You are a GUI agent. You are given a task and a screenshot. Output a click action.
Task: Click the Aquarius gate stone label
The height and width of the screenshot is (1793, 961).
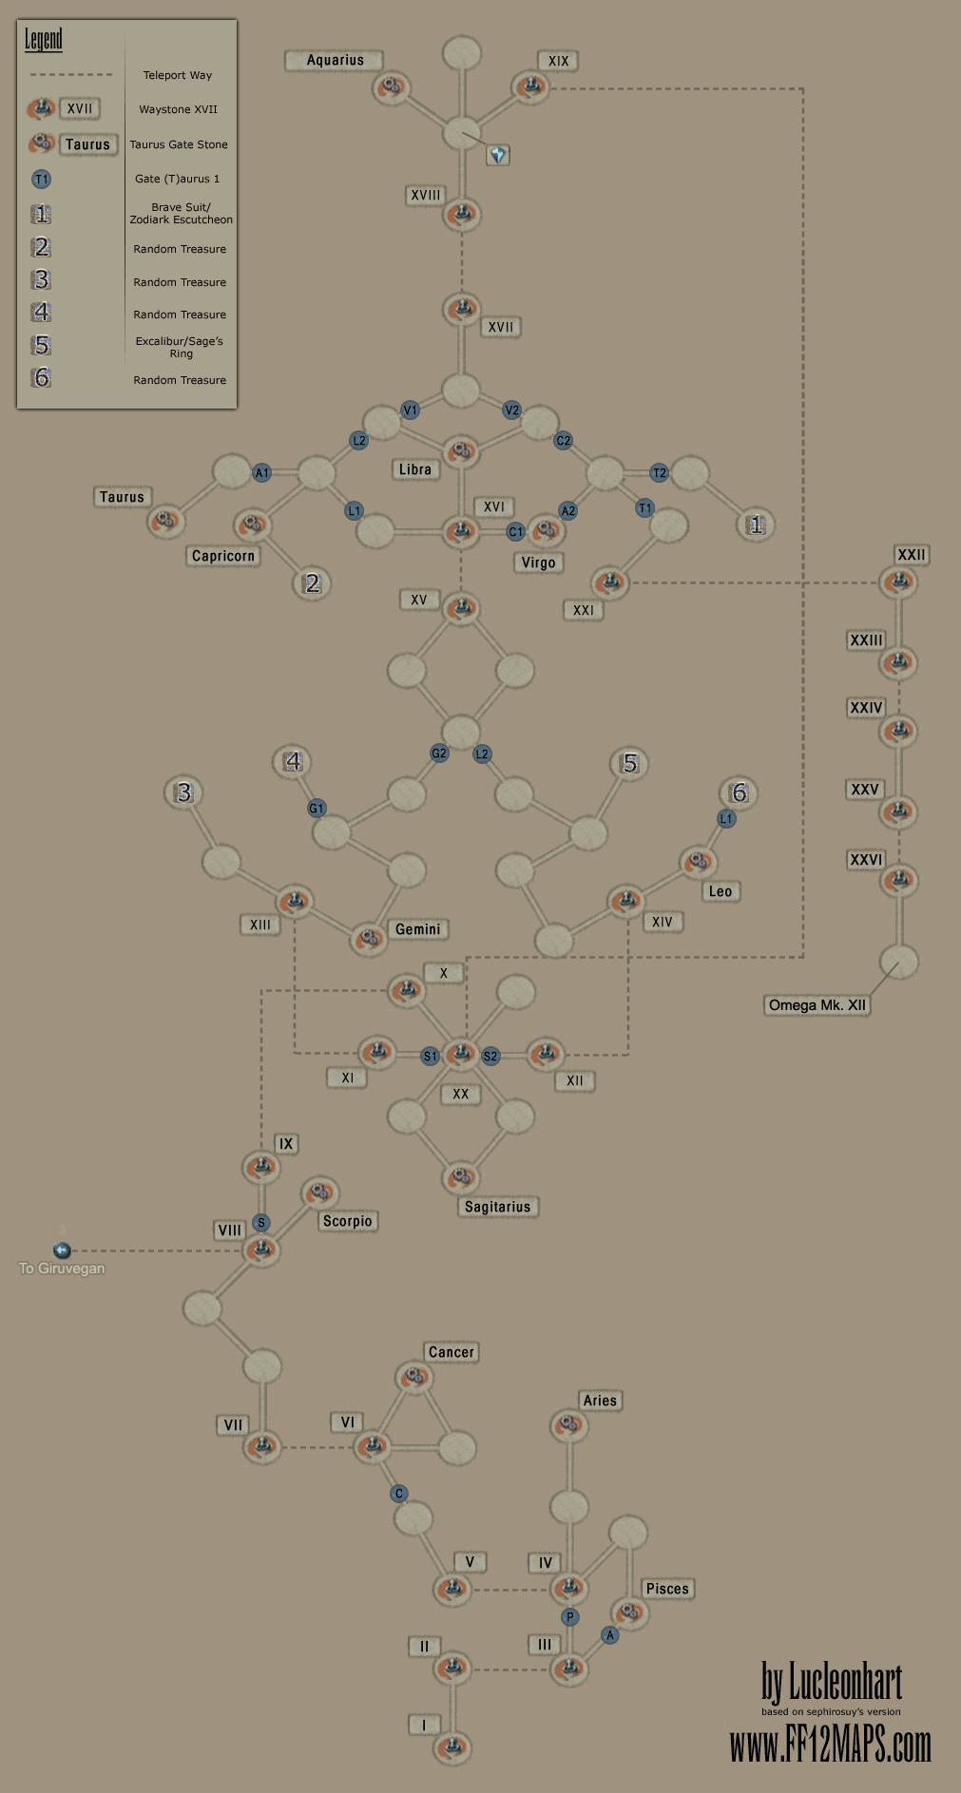[x=335, y=61]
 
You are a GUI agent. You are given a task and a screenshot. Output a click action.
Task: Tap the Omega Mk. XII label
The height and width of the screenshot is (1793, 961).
[x=817, y=1005]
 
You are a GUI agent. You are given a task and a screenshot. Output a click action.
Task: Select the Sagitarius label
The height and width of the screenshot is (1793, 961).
[x=497, y=1207]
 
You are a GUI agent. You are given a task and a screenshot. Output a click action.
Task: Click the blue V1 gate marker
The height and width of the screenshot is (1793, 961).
[x=410, y=410]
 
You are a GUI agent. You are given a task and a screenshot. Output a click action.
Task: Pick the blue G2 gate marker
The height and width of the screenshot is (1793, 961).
[x=439, y=753]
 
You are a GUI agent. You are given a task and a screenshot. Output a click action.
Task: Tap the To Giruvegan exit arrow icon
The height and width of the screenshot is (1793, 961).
[x=62, y=1250]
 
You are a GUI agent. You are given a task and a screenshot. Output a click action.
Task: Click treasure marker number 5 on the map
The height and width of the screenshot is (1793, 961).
[x=629, y=763]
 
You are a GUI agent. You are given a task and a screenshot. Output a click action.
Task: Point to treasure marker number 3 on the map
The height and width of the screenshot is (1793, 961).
[x=183, y=792]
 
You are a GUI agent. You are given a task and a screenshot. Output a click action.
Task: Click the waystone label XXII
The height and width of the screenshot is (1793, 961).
[x=911, y=555]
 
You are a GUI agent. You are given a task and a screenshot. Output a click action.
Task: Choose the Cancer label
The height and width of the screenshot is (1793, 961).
[x=451, y=1352]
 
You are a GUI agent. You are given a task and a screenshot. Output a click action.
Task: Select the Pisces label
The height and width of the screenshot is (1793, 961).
[x=667, y=1589]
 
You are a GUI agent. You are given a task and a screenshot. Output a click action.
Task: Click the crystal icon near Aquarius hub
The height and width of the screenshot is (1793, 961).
[x=498, y=155]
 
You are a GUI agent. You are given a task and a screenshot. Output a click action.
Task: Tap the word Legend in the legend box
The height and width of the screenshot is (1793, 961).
[x=44, y=40]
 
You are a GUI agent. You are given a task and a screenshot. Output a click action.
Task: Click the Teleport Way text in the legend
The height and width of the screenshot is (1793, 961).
[x=178, y=75]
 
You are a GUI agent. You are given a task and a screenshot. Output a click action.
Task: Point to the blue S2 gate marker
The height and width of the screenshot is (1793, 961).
[x=490, y=1057]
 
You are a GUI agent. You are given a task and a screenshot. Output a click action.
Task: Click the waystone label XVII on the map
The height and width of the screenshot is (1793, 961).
[x=500, y=328]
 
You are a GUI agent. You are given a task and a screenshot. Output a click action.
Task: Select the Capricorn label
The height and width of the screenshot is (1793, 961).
[x=223, y=556]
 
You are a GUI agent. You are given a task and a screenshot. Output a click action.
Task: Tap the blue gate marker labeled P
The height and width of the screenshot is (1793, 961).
[x=570, y=1616]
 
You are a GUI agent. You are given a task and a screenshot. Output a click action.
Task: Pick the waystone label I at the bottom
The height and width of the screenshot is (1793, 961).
[x=424, y=1725]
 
